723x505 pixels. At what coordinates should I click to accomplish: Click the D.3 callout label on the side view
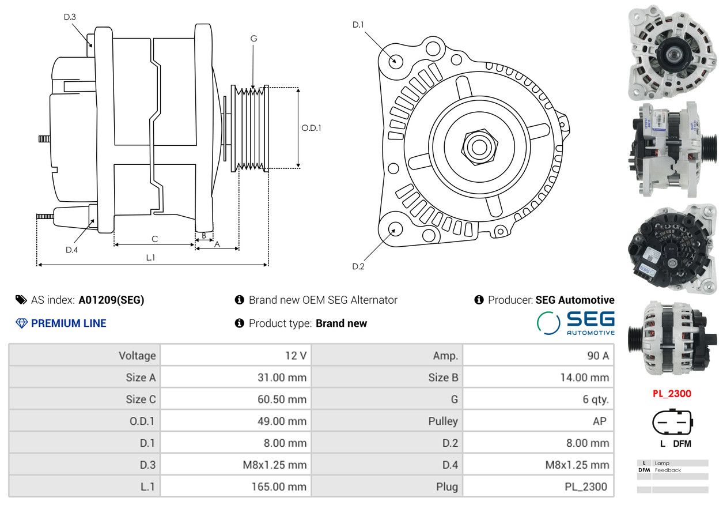70,17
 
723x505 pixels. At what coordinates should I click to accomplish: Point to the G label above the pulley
253,39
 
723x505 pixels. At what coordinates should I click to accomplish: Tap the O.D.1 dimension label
311,128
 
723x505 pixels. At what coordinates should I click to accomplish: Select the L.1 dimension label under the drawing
150,257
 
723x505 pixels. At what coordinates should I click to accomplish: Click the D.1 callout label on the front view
358,25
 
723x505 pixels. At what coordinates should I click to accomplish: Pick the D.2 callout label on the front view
358,266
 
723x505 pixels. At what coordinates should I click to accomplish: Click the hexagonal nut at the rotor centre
479,147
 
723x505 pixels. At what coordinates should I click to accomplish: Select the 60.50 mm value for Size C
282,399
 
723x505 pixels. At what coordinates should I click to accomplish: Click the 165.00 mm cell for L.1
279,487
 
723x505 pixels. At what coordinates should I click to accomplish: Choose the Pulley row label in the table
443,421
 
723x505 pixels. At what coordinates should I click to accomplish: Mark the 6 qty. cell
596,400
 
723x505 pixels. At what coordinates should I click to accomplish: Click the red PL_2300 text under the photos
672,394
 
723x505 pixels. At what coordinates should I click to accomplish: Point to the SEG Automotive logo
576,323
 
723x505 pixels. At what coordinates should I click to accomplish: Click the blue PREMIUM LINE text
69,323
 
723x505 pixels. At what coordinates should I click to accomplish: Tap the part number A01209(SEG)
111,300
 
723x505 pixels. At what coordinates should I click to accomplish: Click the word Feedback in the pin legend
668,470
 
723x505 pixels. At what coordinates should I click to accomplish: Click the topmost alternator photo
672,52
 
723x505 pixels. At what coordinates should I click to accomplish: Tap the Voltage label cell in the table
137,356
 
